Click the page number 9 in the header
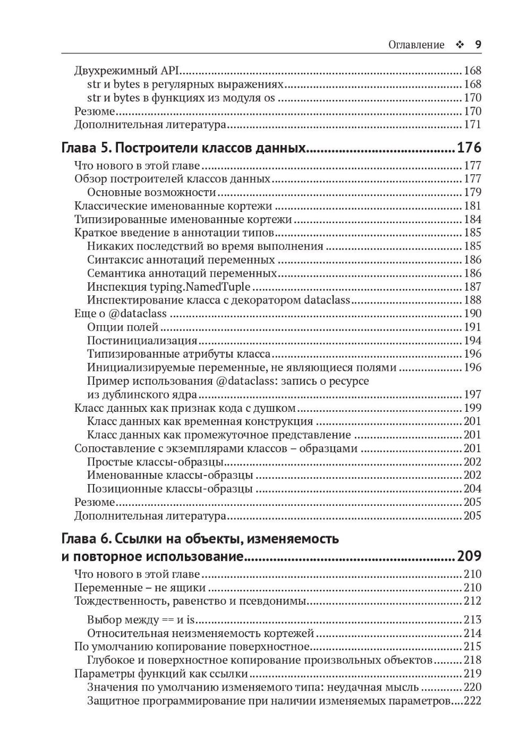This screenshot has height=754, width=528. (478, 45)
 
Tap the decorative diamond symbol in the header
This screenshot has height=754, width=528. (459, 45)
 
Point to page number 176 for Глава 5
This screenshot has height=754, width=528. (469, 147)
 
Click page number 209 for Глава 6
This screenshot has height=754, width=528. (469, 556)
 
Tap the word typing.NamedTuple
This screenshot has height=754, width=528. (206, 287)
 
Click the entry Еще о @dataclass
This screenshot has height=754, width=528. (121, 314)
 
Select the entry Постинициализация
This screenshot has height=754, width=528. (142, 341)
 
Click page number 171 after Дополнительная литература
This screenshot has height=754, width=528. (472, 125)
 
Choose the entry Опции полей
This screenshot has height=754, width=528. (123, 327)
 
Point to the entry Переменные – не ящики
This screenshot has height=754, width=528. (140, 588)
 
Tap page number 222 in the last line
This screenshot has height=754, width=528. (472, 701)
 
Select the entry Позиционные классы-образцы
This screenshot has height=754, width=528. (169, 489)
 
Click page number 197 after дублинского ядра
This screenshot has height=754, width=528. (472, 394)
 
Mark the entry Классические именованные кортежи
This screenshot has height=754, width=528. (173, 206)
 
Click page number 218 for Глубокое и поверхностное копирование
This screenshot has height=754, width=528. (472, 660)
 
